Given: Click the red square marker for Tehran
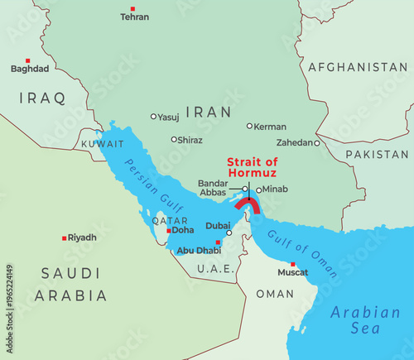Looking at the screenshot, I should click(x=132, y=8).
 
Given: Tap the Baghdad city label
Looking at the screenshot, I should click(x=30, y=69).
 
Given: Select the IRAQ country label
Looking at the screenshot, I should click(x=41, y=98).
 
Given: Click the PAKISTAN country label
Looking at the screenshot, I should click(x=378, y=155).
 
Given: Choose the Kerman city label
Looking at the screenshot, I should click(x=271, y=127).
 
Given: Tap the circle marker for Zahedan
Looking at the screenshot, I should click(x=316, y=142).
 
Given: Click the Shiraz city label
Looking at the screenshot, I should click(x=190, y=140).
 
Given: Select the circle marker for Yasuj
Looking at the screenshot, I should click(x=153, y=117).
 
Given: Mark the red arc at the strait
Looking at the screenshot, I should click(x=247, y=204).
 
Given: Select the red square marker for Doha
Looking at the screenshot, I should click(x=168, y=231).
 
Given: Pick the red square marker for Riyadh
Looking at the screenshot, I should click(x=65, y=238).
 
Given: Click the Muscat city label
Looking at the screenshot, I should click(x=292, y=271).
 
